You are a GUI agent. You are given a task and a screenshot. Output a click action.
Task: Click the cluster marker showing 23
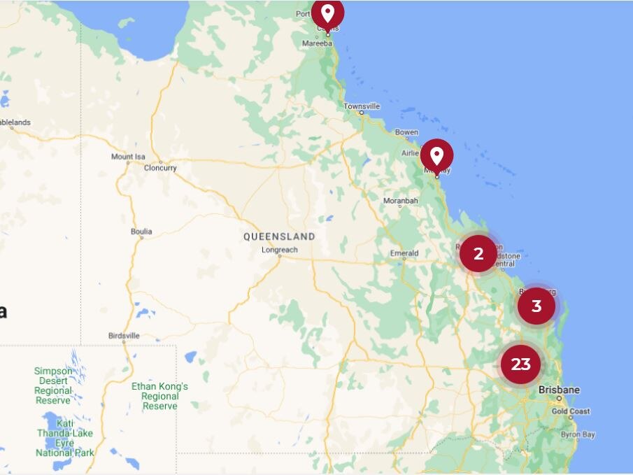point(520,364)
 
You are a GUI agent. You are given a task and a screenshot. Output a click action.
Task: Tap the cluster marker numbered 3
point(536,306)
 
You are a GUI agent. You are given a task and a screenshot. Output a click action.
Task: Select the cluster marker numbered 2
point(478,253)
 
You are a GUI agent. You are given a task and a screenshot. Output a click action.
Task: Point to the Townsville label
point(362,106)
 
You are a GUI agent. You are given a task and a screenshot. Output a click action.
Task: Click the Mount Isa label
point(127,157)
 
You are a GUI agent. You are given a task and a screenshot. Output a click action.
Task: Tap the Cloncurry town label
point(160,168)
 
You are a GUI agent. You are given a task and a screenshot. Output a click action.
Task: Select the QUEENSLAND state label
point(279,236)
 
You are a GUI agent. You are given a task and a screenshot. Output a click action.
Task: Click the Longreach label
point(279,250)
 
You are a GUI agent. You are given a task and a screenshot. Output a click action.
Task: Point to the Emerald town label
point(404,253)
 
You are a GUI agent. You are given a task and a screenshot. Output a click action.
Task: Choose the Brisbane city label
point(559,390)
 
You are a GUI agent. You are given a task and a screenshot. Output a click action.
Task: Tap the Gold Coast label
point(570,411)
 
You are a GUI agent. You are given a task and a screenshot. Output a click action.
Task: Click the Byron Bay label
point(578,434)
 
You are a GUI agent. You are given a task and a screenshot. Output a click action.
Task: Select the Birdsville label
point(124,336)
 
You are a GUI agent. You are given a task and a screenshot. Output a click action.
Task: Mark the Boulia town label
point(141,232)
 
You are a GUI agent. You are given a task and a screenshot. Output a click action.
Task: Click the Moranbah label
point(400,201)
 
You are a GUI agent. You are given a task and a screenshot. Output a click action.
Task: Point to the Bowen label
point(406,132)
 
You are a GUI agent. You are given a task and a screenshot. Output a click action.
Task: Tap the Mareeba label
point(317,43)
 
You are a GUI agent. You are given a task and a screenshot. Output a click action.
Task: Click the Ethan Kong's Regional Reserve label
point(159,396)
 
